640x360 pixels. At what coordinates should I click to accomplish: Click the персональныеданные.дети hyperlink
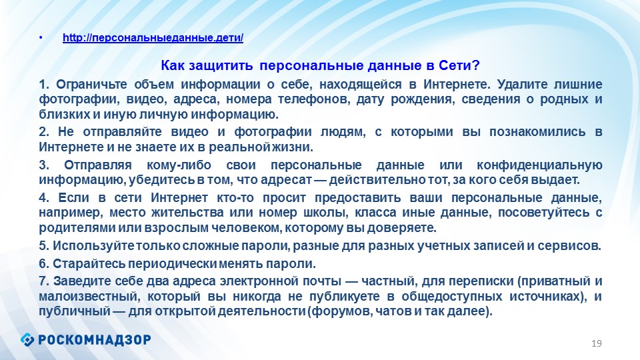[153, 38]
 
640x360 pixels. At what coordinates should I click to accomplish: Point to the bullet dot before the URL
[41, 38]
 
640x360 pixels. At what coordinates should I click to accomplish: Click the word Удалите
[521, 84]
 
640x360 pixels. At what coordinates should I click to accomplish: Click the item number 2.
[44, 132]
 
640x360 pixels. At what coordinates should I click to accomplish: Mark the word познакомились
[537, 132]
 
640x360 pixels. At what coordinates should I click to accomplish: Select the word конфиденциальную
[539, 165]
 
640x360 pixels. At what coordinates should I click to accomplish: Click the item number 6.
[44, 264]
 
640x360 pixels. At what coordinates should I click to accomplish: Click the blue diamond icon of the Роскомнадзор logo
[27, 339]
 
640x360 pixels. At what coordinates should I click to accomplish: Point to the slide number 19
[596, 343]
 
